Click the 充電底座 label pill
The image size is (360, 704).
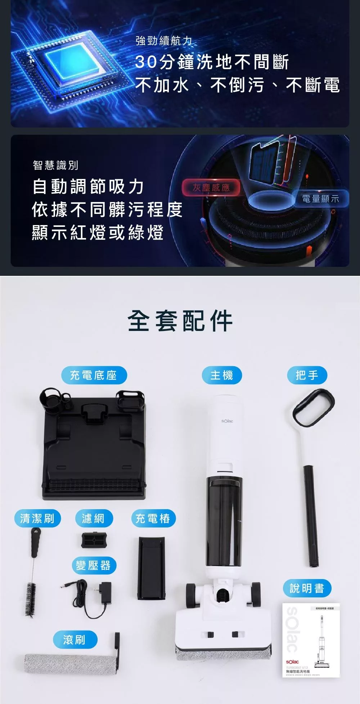point(93,375)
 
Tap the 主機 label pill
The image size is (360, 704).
point(221,375)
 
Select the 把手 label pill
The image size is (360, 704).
point(307,375)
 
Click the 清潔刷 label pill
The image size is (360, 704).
point(37,518)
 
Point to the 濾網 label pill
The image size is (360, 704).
point(93,518)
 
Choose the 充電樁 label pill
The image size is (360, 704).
point(153,518)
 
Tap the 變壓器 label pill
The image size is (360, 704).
point(94,565)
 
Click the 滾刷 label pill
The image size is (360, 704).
point(75,640)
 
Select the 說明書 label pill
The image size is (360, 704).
point(307,588)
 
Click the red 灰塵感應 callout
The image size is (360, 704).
point(211,187)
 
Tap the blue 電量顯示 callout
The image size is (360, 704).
point(320,198)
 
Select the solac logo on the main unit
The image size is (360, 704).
point(227,421)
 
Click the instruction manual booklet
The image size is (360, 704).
point(311,640)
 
